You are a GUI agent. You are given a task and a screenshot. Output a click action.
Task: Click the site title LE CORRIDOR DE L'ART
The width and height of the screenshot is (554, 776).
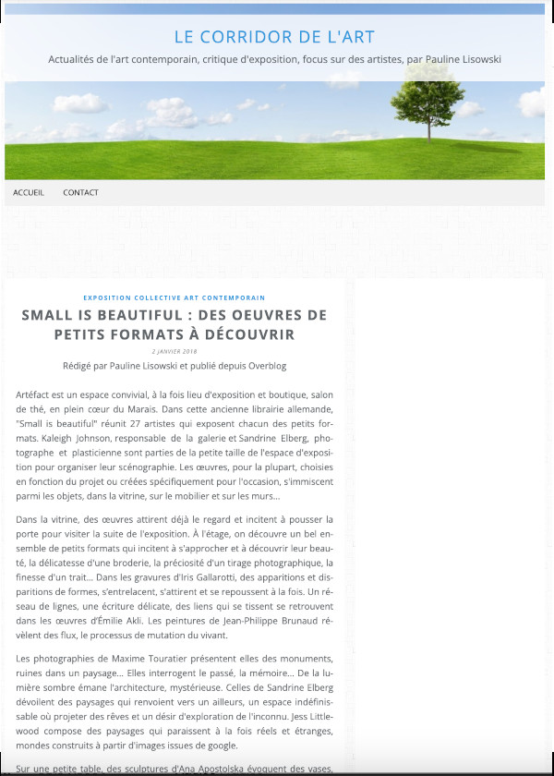pos(274,37)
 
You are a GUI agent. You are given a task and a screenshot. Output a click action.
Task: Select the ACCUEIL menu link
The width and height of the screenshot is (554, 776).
pos(29,193)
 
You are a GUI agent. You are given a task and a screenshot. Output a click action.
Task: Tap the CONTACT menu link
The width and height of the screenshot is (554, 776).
pos(80,193)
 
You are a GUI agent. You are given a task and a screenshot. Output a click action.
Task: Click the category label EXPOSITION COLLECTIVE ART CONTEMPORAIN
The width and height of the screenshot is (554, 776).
pos(174,297)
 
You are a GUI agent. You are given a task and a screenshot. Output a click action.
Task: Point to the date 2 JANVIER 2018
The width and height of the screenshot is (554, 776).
pos(174,351)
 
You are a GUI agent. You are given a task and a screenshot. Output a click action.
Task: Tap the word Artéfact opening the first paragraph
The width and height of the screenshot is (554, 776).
pos(33,394)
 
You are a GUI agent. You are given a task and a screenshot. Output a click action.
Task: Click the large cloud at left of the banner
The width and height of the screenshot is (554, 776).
pos(81,102)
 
